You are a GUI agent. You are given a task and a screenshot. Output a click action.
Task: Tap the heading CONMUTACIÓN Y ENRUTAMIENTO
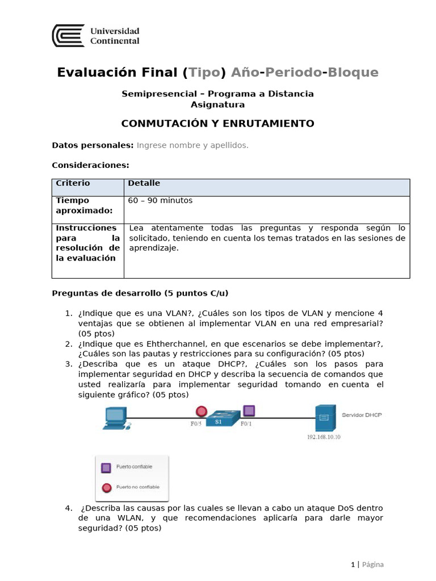(x=218, y=124)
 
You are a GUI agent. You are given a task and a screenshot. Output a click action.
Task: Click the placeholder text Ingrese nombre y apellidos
(x=192, y=145)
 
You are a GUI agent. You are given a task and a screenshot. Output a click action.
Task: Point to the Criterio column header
(x=73, y=183)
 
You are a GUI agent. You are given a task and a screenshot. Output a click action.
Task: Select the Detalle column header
(x=144, y=183)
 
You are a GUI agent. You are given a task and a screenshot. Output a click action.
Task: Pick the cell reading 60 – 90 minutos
(x=160, y=200)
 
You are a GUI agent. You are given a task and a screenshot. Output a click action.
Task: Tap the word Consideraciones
(x=90, y=165)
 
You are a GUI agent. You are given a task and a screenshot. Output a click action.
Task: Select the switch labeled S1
(x=218, y=419)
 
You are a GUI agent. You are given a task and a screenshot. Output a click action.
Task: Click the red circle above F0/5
(x=201, y=411)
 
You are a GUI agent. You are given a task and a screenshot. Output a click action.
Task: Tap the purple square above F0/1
(x=248, y=410)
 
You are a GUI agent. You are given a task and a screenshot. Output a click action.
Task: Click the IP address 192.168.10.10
(x=324, y=437)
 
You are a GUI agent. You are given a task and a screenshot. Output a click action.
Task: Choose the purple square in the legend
(x=105, y=468)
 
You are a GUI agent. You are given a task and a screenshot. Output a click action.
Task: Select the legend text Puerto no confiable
(x=137, y=487)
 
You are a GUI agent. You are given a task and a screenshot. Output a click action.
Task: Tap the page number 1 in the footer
(x=353, y=564)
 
